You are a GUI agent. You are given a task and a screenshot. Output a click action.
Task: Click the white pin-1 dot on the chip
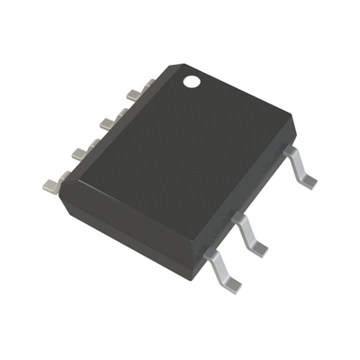192,82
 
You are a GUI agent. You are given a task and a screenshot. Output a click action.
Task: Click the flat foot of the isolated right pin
309,181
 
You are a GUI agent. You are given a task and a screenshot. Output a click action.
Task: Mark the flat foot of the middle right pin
256,247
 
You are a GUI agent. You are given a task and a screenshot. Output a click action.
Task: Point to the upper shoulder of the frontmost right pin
211,256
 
